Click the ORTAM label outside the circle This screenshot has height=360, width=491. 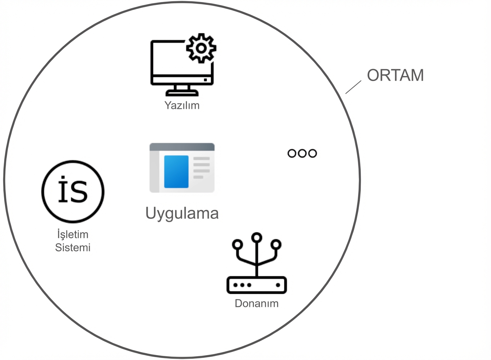click(395, 76)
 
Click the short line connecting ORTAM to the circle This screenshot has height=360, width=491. click(354, 87)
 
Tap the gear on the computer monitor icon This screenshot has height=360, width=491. click(201, 48)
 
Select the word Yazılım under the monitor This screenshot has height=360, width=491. click(182, 106)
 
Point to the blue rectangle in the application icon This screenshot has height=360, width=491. click(176, 171)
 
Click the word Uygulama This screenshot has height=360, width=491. click(182, 213)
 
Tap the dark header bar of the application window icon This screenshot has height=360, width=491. click(182, 147)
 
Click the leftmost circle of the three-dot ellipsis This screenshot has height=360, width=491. click(292, 153)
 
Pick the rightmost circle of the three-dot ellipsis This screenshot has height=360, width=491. click(313, 153)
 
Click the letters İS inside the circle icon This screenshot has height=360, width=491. click(73, 191)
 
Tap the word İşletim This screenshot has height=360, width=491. click(72, 235)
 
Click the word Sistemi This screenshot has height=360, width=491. click(73, 248)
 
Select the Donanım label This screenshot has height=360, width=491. click(257, 304)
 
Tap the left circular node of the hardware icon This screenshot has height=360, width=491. click(236, 245)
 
